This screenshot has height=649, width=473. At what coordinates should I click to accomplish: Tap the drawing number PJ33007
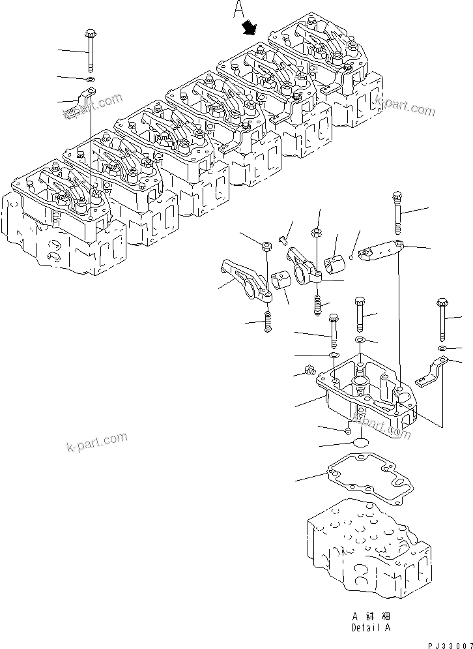[x=446, y=644]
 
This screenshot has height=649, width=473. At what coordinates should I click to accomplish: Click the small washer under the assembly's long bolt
[x=90, y=80]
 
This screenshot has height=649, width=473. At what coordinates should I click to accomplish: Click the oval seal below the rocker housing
[x=361, y=443]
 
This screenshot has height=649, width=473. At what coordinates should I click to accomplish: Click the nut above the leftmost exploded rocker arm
[x=266, y=246]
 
